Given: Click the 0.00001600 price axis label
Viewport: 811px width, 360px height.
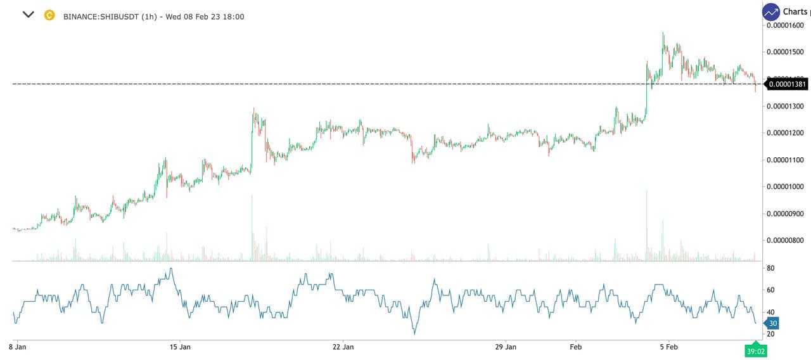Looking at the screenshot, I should pyautogui.click(x=786, y=25).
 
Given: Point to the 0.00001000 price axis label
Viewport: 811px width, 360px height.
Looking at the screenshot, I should pyautogui.click(x=786, y=186).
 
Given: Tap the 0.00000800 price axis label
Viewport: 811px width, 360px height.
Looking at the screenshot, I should pyautogui.click(x=786, y=240).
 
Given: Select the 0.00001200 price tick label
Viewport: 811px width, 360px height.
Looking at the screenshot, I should pyautogui.click(x=786, y=132).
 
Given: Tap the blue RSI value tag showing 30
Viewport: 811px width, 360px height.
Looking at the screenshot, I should pyautogui.click(x=772, y=323).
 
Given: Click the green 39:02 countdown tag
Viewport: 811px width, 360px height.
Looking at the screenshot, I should pyautogui.click(x=755, y=350).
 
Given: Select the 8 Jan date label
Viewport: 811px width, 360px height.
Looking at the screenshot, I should pyautogui.click(x=18, y=347).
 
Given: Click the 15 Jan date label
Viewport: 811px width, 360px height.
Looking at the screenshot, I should pyautogui.click(x=181, y=347).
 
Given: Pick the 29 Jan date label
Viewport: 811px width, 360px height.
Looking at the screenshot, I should pyautogui.click(x=505, y=347).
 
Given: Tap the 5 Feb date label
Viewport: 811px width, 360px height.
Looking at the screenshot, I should pyautogui.click(x=669, y=347).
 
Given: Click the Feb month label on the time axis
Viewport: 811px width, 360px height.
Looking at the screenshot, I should pyautogui.click(x=575, y=347).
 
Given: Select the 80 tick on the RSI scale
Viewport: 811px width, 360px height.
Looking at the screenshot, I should pyautogui.click(x=770, y=268).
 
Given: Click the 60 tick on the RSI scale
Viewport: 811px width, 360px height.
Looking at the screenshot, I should pyautogui.click(x=770, y=290).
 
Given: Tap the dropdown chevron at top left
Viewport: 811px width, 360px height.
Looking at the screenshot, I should pyautogui.click(x=28, y=15).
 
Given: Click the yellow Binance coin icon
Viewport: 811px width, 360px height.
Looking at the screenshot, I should pyautogui.click(x=49, y=15).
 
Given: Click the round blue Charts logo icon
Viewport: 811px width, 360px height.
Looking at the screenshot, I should pyautogui.click(x=771, y=11).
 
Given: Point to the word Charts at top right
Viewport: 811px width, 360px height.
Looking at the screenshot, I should pyautogui.click(x=795, y=11).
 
